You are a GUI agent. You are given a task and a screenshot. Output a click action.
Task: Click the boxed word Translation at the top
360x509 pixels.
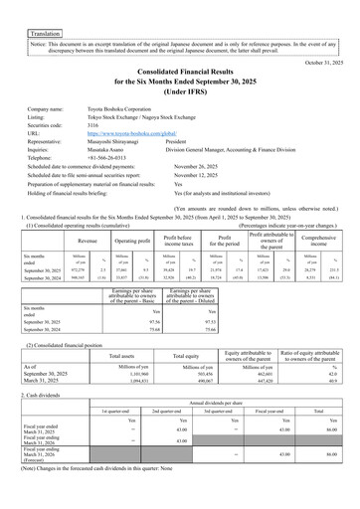tap(45, 33)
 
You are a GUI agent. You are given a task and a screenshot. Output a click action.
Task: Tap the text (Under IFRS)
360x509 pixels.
tap(180, 97)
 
